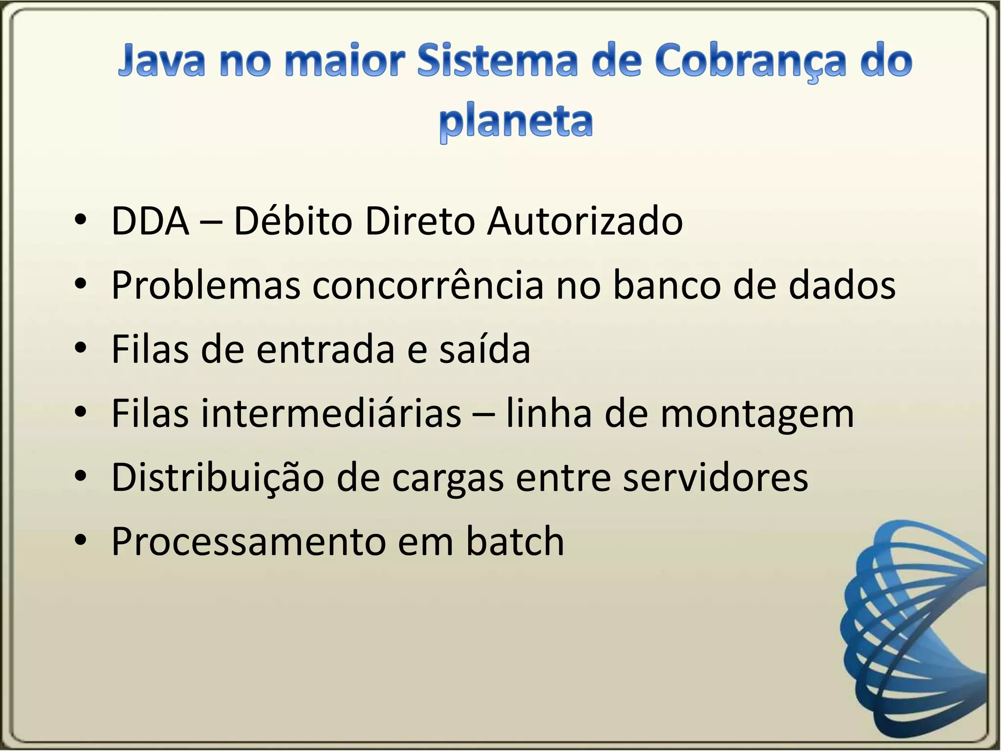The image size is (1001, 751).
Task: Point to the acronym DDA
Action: tap(150, 221)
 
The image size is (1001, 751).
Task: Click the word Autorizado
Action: tap(585, 221)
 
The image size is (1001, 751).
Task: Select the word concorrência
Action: tap(428, 286)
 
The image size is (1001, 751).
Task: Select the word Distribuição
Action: tap(218, 478)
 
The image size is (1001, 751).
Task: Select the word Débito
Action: tap(293, 221)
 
